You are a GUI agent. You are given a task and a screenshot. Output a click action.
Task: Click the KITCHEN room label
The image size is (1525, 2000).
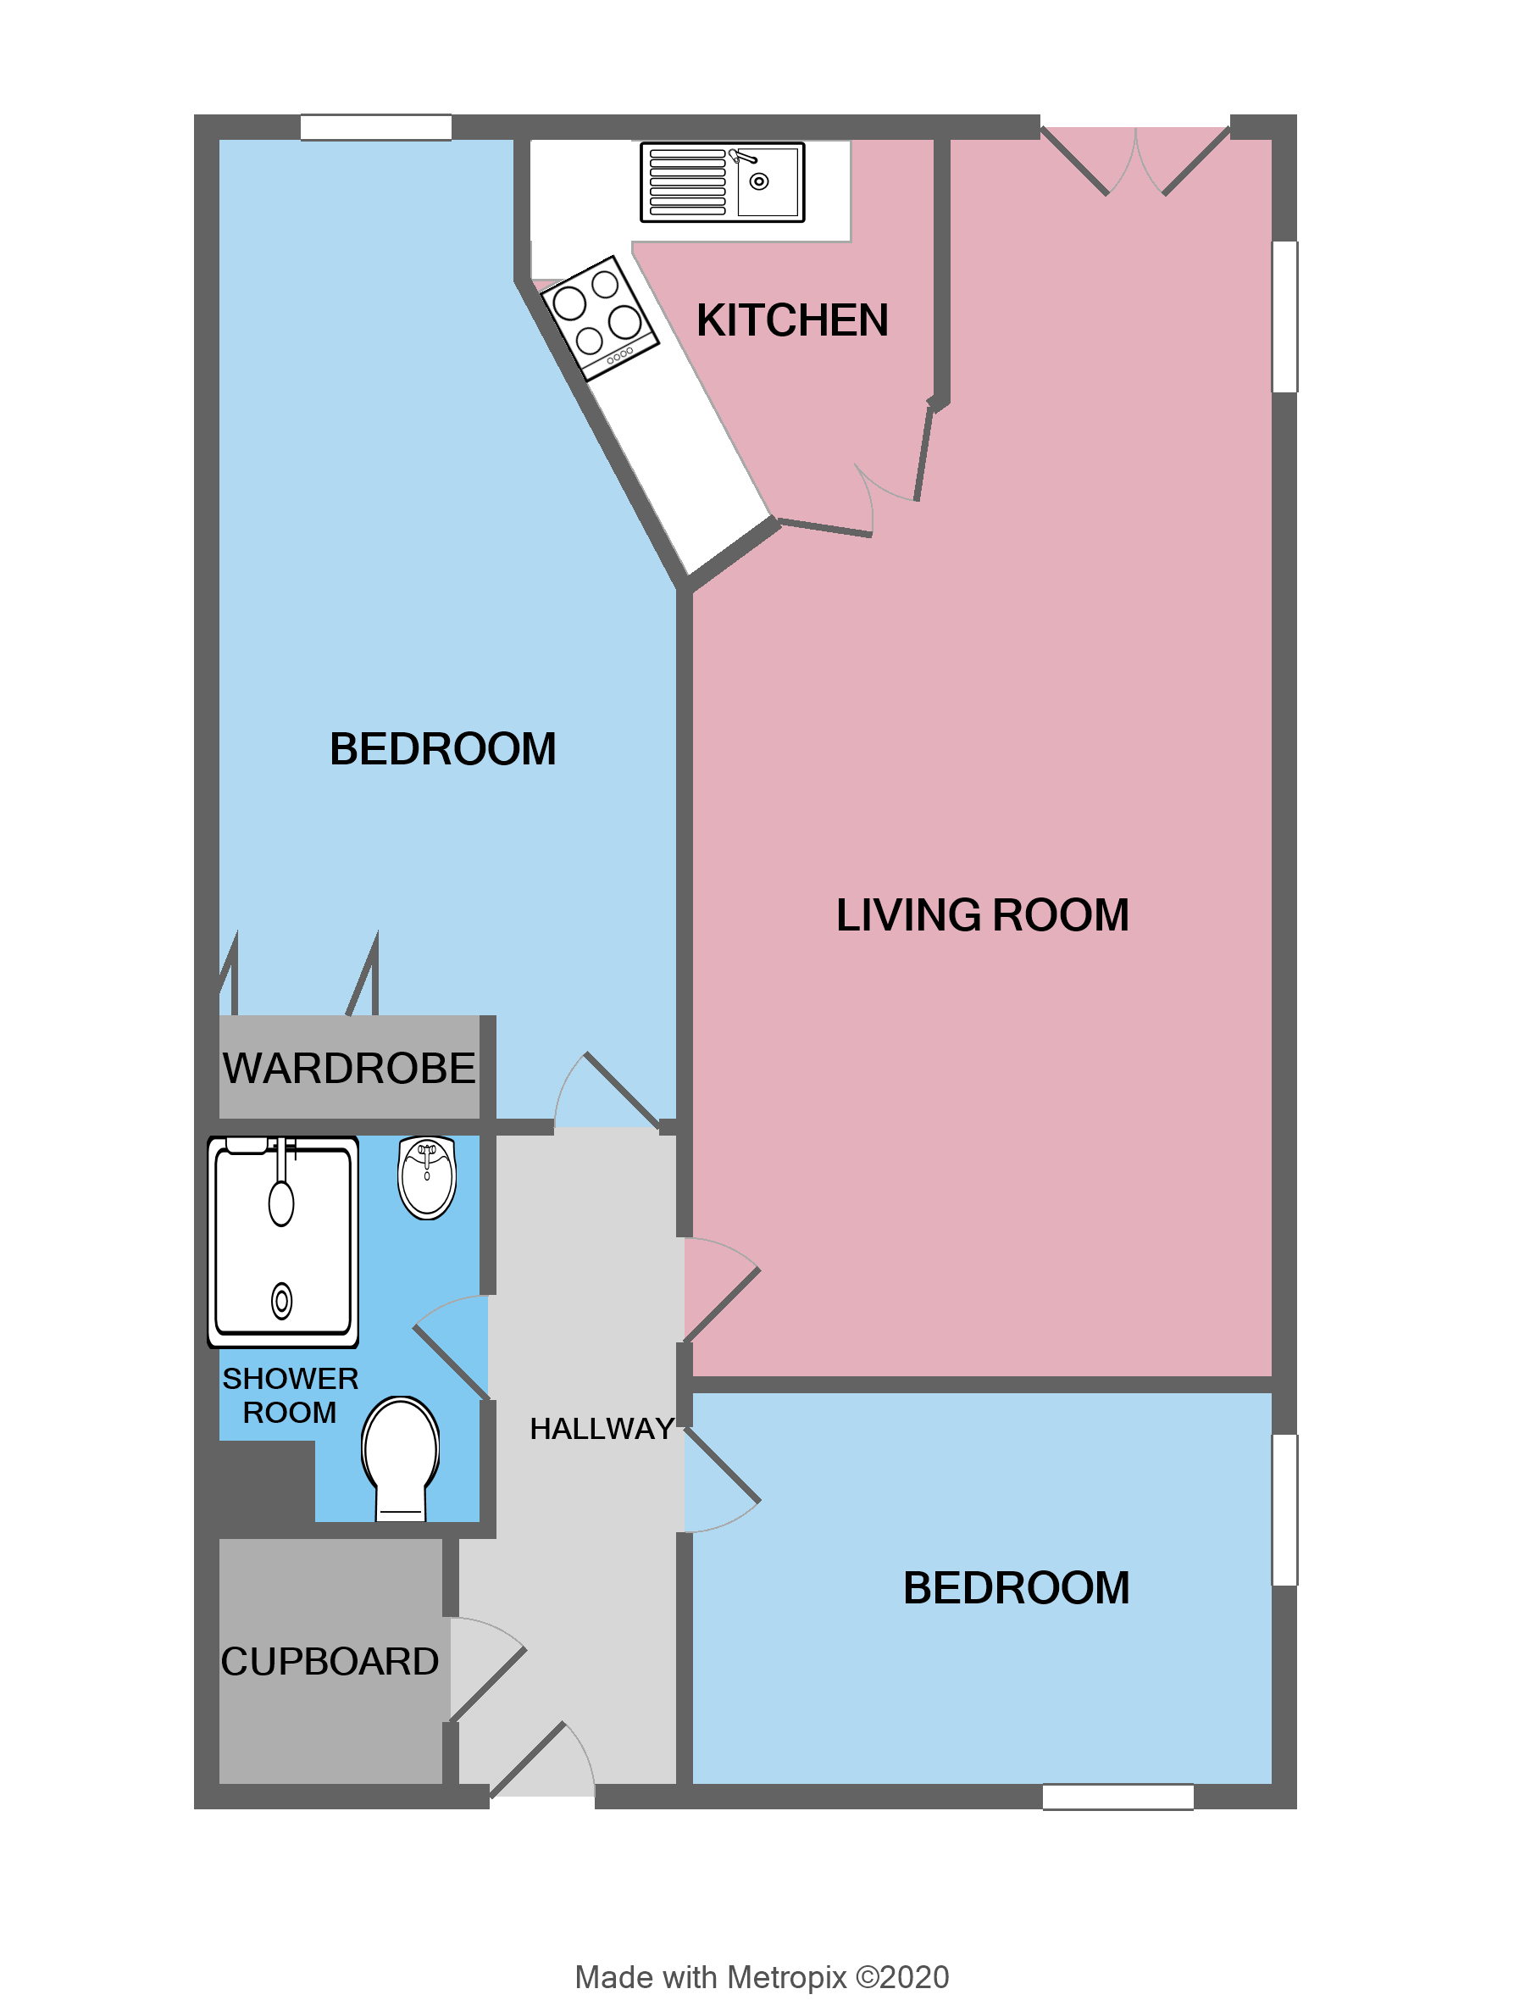791,320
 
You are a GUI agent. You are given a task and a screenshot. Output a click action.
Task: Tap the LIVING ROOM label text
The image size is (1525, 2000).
982,915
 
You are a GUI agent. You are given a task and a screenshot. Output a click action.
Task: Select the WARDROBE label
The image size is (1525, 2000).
348,1068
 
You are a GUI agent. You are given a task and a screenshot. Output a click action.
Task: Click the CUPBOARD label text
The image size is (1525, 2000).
330,1661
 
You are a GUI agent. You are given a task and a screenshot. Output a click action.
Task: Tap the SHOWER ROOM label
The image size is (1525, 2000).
291,1396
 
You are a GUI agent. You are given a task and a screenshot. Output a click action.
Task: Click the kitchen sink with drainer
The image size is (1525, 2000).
722,181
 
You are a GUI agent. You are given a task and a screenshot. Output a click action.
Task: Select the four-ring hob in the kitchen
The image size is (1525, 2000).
599,317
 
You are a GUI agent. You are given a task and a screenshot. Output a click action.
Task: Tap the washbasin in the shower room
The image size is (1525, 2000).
427,1177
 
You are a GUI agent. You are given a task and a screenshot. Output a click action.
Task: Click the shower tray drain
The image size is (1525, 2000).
281,1301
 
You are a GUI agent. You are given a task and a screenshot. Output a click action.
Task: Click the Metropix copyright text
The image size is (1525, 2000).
762,1977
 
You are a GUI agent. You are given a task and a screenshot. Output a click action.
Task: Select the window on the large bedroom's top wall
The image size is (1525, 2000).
376,127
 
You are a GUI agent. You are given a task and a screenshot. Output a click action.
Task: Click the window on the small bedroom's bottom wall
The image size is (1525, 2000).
1117,1797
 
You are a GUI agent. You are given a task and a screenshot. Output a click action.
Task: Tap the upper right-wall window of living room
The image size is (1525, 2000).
1284,316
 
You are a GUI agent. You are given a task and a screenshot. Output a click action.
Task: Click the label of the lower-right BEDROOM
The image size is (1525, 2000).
1016,1589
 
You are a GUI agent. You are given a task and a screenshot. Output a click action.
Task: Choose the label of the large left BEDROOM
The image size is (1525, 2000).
442,749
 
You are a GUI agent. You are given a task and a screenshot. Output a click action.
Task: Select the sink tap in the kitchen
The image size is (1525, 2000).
744,156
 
